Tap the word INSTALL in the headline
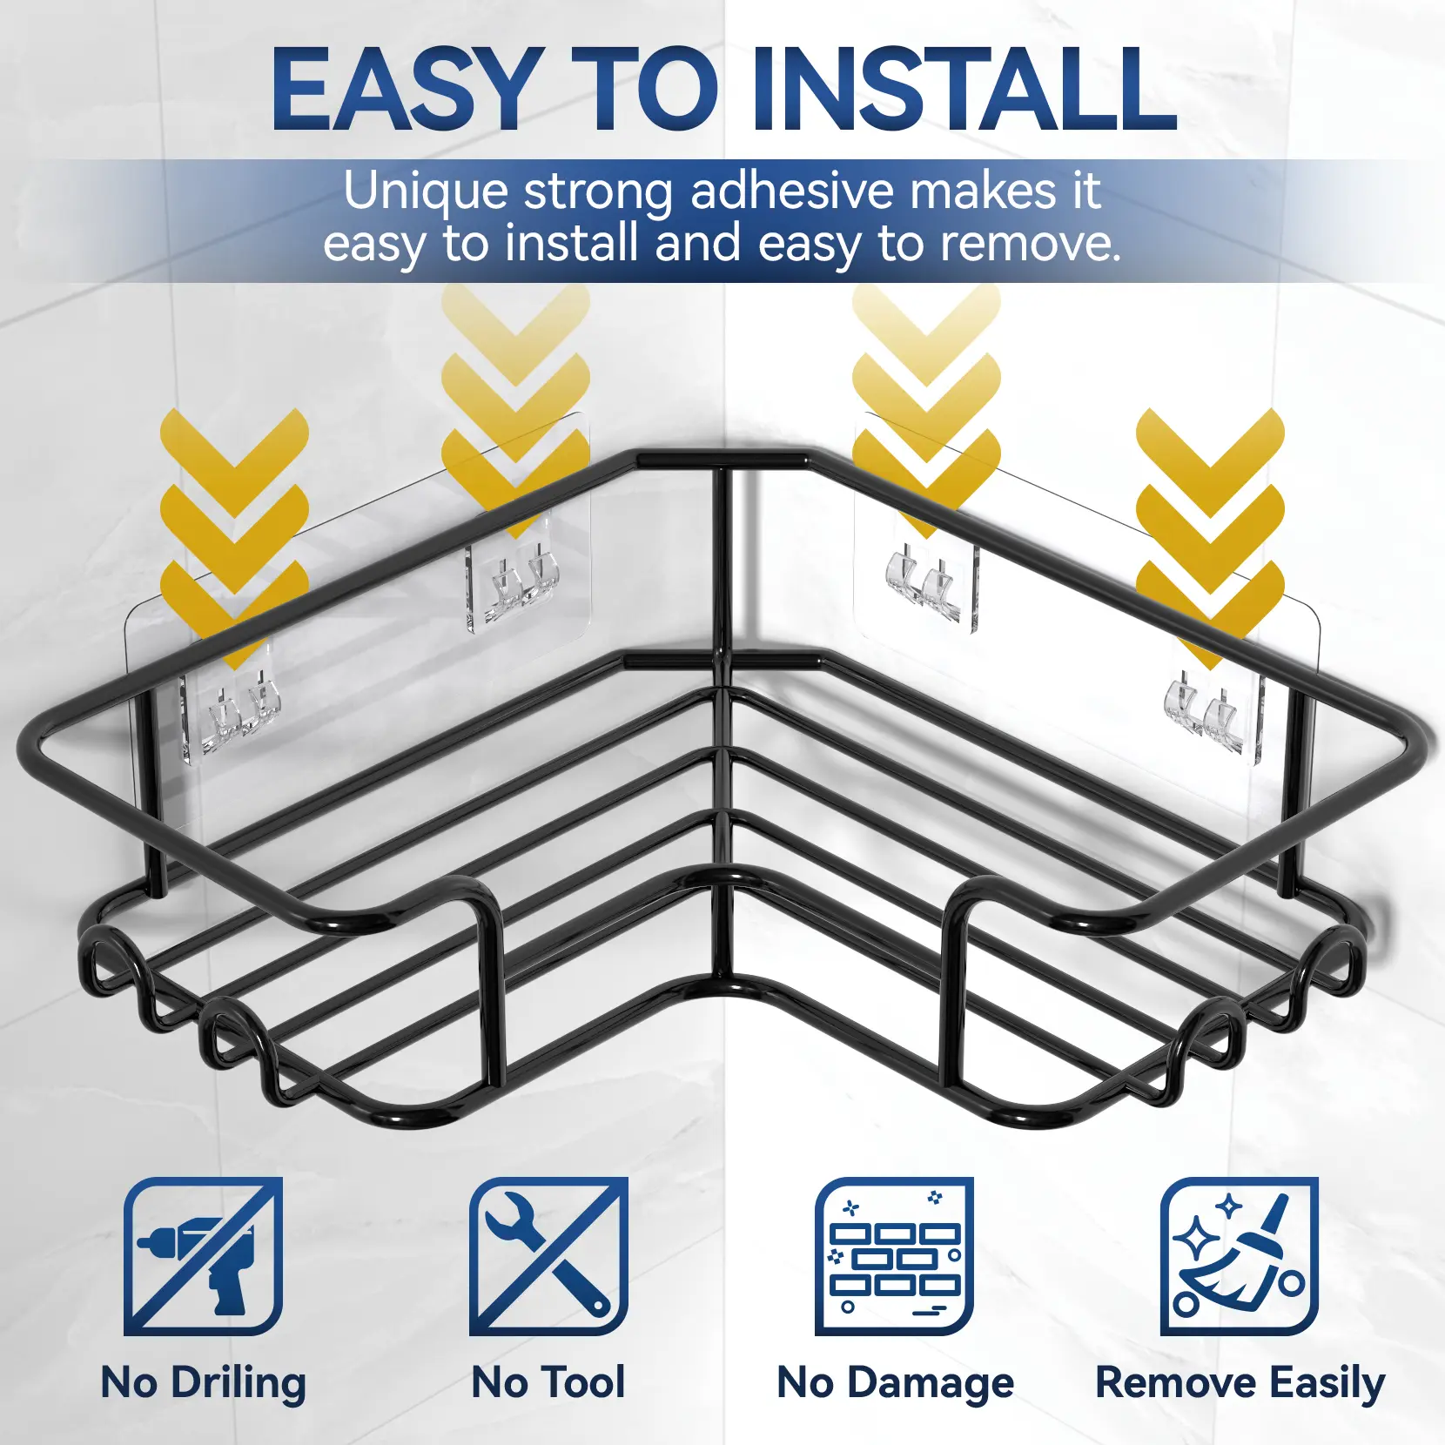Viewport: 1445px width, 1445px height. [x=965, y=88]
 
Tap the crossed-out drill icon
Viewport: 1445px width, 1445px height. [x=203, y=1256]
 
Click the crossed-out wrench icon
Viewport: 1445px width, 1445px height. [x=548, y=1256]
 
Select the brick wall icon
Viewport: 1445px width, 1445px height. [x=894, y=1256]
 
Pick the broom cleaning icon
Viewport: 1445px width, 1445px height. [x=1239, y=1256]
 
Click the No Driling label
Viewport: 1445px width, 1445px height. [x=204, y=1382]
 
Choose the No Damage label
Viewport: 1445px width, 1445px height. [x=895, y=1382]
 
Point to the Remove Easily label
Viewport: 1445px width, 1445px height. [x=1240, y=1382]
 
